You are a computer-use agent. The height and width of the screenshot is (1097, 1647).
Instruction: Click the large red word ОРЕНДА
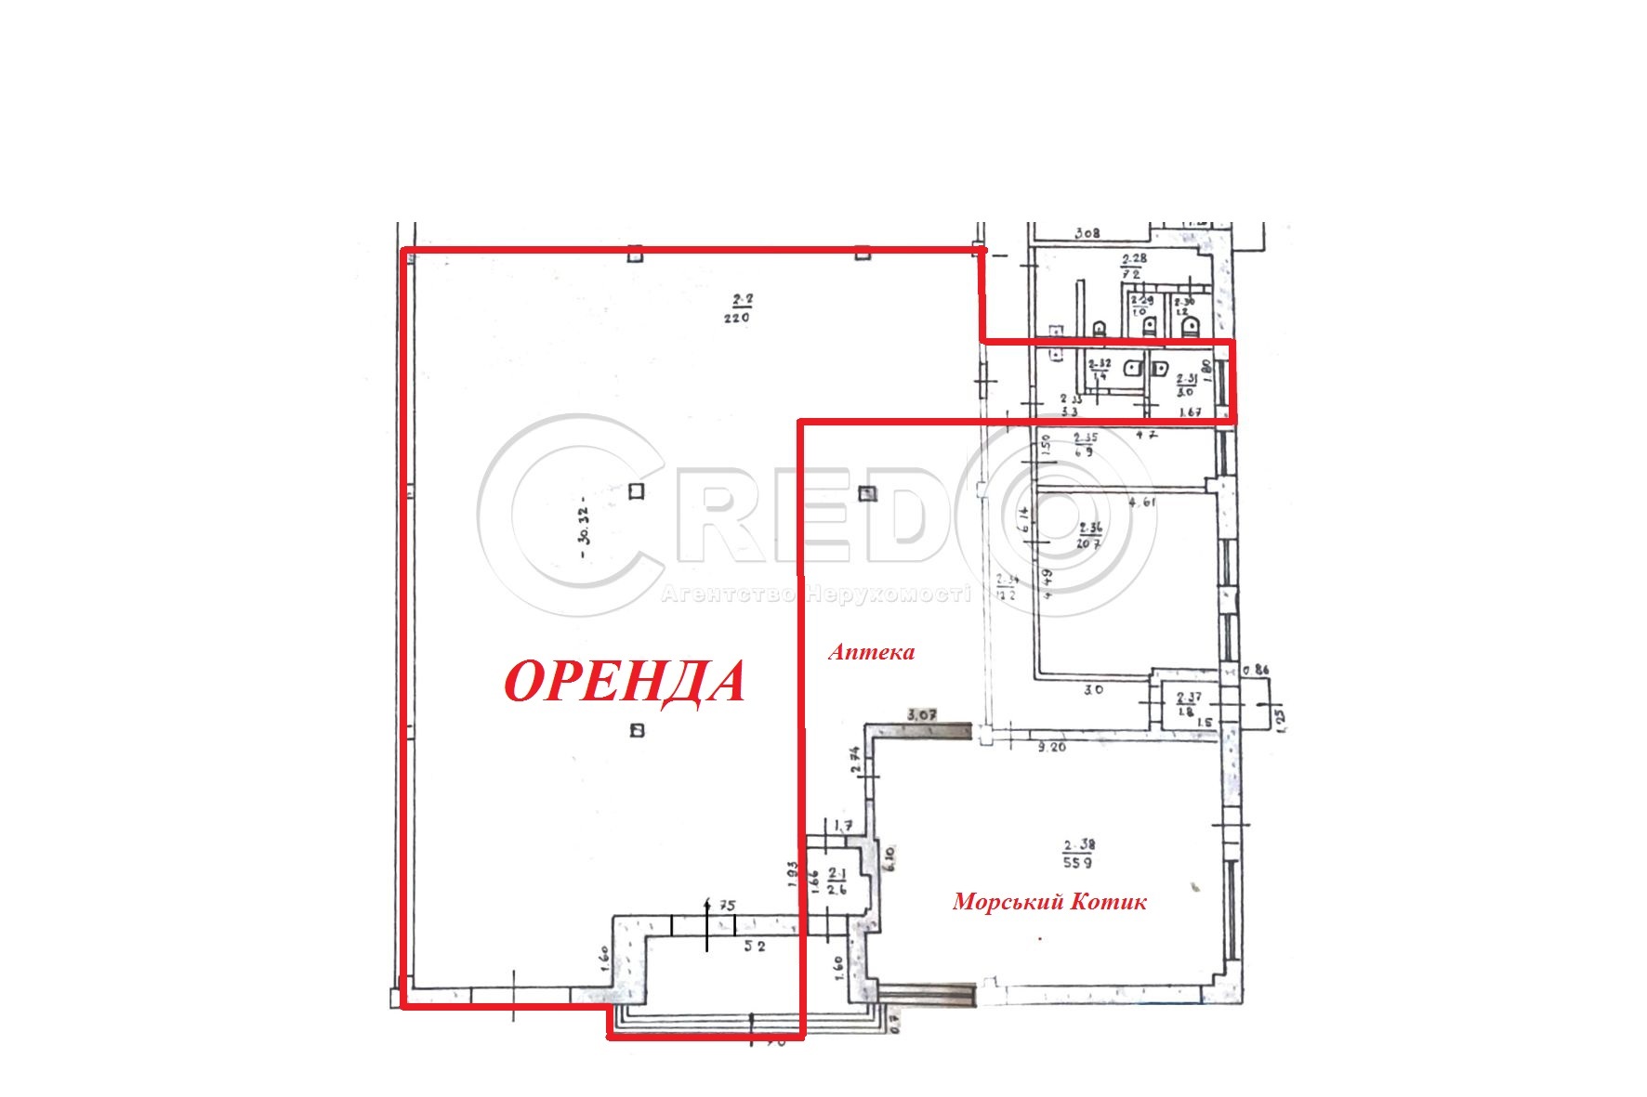tap(625, 683)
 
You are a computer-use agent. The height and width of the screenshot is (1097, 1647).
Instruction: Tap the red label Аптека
tap(871, 652)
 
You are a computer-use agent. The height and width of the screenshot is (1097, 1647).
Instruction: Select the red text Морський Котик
tap(1049, 901)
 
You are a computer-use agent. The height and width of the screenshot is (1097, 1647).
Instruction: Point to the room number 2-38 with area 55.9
tap(1079, 854)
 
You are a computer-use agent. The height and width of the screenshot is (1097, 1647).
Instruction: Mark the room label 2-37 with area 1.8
tap(1188, 704)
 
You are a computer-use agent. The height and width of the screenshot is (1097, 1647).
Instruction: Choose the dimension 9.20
tap(1052, 747)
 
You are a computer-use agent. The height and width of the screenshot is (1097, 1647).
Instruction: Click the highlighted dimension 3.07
tap(921, 714)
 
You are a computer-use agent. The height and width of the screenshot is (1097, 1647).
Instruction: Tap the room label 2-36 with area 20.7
tap(1089, 536)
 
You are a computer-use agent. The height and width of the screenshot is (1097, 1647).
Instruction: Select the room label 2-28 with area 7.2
tap(1132, 267)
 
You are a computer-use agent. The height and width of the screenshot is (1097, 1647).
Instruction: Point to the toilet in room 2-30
tap(1191, 326)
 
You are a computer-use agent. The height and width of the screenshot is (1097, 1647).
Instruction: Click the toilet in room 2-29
tap(1150, 326)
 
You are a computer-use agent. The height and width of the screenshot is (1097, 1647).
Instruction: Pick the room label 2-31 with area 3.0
tap(1186, 385)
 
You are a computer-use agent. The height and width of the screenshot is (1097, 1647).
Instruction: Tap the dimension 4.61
tap(1142, 503)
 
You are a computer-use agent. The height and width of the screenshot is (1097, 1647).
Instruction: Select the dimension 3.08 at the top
tap(1087, 233)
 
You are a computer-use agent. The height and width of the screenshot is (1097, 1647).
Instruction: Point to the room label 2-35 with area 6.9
tap(1085, 444)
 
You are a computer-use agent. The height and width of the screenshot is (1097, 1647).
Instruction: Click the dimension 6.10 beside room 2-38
tap(889, 857)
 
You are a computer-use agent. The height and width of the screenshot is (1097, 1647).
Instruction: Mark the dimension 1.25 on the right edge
tap(1280, 718)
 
